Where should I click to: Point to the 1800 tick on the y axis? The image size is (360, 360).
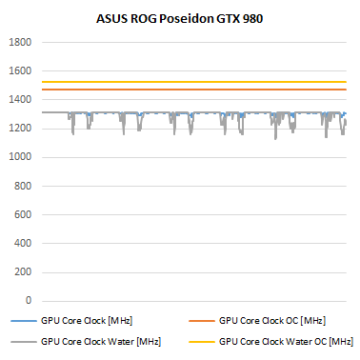tap(21, 43)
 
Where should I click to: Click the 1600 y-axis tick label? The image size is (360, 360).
tap(21, 71)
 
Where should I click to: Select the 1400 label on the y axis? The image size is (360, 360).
tap(21, 100)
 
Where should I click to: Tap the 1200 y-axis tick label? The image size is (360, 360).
tap(21, 129)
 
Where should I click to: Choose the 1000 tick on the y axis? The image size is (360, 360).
tap(21, 158)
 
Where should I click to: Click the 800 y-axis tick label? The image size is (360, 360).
tap(24, 187)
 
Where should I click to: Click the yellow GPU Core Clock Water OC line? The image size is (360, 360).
tap(190, 82)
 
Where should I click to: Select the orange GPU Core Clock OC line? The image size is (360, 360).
tap(190, 90)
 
